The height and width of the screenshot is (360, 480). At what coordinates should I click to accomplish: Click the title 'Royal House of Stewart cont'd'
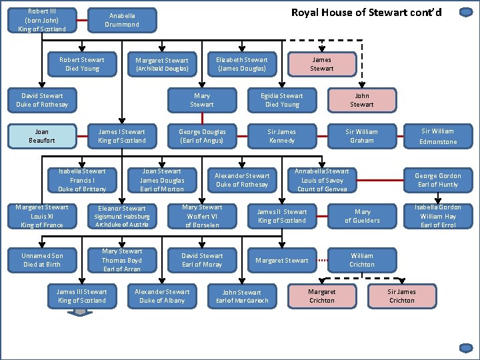point(366,12)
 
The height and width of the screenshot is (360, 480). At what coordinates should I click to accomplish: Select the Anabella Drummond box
point(122,20)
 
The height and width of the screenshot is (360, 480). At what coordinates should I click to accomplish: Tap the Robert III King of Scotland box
point(42,20)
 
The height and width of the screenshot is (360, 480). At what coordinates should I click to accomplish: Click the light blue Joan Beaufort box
point(42,136)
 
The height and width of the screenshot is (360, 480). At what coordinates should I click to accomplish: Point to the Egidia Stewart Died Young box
point(282,100)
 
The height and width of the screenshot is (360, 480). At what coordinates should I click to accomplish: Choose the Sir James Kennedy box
point(282,136)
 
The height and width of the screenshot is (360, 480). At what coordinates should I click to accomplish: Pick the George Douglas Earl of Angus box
point(202,136)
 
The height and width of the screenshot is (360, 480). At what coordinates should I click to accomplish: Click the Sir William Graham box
point(362,136)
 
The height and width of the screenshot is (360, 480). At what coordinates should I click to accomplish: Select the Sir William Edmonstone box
point(438,136)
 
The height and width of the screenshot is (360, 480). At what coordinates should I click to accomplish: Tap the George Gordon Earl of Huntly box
point(438,180)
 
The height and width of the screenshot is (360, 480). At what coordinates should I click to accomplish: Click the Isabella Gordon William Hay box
point(438,216)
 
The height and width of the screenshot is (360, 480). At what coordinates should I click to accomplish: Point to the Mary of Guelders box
point(362,216)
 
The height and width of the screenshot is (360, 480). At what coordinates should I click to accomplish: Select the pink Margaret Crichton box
point(322,296)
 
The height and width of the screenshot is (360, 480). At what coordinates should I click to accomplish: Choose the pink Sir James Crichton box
point(402,296)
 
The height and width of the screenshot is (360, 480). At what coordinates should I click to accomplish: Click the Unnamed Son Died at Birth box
point(42,260)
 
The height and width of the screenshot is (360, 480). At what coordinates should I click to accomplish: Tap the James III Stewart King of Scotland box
point(81,296)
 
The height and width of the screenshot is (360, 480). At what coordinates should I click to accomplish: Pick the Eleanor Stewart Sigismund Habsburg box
point(122,216)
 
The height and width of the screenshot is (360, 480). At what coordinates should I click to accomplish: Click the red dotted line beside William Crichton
point(323,261)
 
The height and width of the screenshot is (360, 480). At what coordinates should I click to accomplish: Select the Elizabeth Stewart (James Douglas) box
point(242,64)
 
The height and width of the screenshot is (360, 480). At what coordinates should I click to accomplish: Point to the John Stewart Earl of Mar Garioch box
point(242,296)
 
